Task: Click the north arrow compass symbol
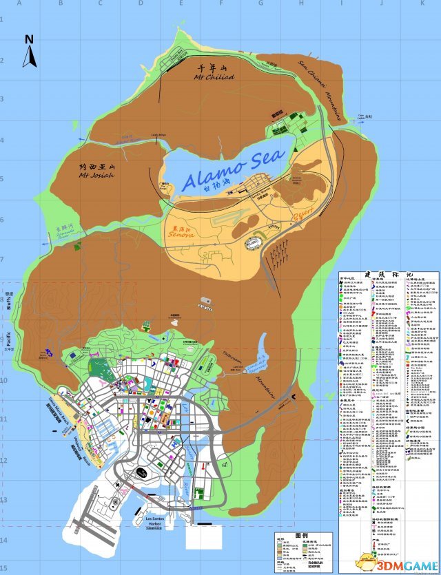pyautogui.click(x=29, y=51)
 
